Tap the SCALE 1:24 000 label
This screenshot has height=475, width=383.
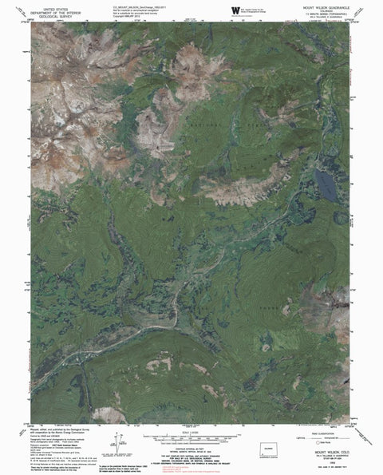coord(192,424)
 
